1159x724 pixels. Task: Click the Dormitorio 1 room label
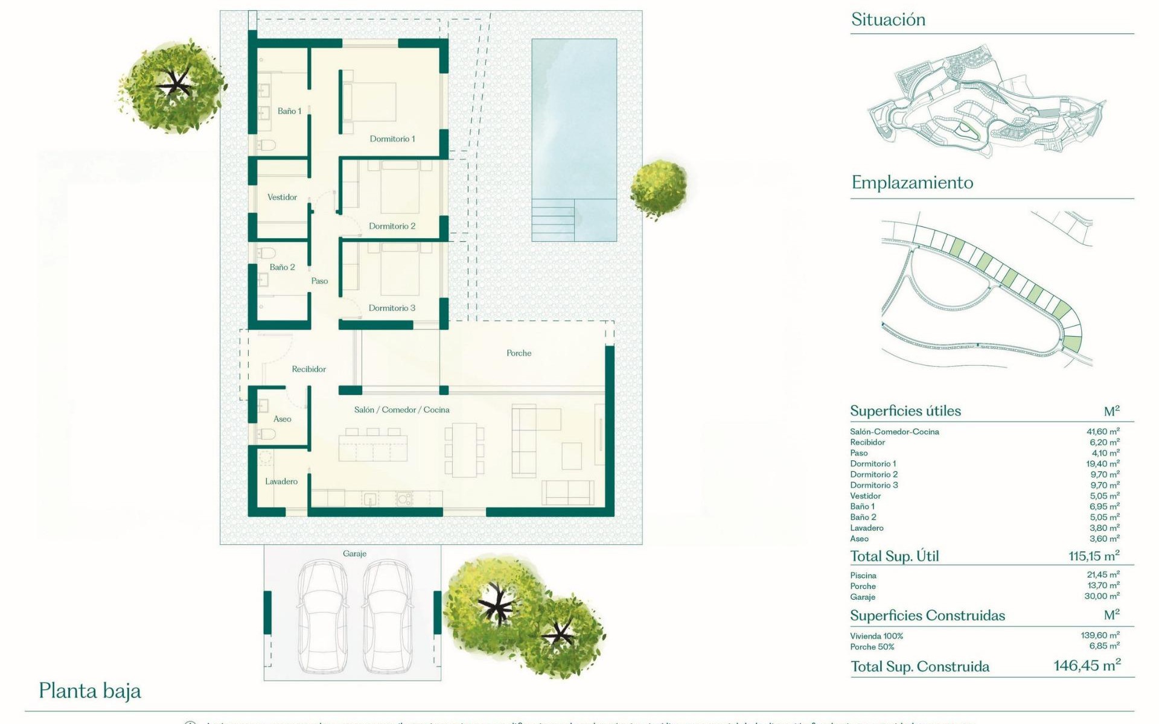point(392,139)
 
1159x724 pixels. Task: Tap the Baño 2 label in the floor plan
point(282,267)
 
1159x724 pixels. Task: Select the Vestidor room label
point(282,197)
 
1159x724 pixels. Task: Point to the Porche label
point(519,353)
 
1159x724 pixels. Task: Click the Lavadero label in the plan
point(281,481)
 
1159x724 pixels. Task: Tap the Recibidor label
point(308,369)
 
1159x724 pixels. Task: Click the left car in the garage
point(324,615)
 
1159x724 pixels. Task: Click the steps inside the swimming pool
point(552,221)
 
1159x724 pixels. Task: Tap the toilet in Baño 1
point(266,145)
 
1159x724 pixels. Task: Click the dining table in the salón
point(464,449)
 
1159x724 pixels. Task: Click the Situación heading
point(888,20)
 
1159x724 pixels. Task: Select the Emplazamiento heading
point(912,182)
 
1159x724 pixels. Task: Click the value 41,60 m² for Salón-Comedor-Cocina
point(1102,431)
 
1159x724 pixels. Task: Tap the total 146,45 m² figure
point(1087,665)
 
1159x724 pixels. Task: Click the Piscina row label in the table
point(863,576)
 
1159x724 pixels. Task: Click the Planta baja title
point(90,691)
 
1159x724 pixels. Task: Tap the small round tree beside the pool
point(658,188)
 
